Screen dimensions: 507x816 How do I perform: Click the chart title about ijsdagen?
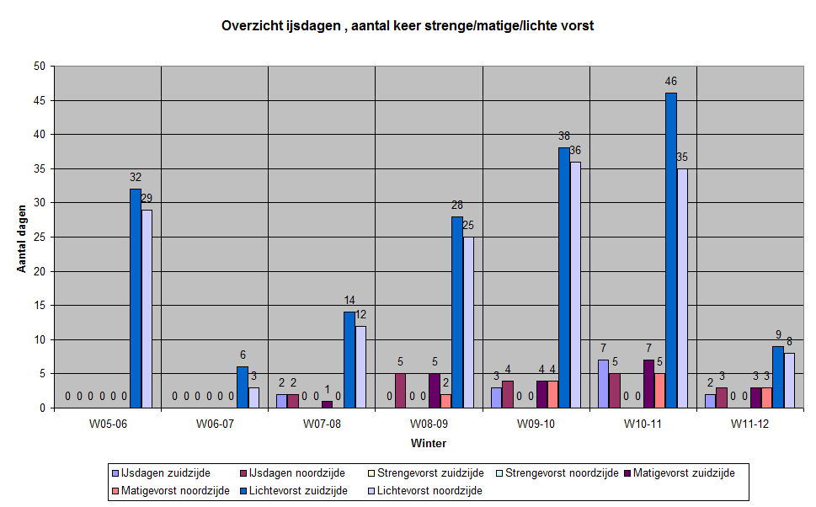point(408,25)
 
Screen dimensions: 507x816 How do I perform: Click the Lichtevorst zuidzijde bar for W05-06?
point(135,298)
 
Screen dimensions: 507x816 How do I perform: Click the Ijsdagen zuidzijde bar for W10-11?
point(603,384)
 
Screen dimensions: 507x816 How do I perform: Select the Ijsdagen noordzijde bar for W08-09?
point(400,391)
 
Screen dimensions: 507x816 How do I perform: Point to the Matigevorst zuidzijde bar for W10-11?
point(648,384)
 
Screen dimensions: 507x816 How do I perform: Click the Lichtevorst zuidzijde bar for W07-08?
point(349,360)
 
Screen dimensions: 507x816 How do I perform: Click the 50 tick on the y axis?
point(40,67)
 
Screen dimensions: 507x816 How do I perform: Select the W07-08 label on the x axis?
point(322,424)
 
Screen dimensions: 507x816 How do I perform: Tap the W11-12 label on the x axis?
point(751,424)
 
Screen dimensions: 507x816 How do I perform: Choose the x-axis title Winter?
point(429,443)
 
